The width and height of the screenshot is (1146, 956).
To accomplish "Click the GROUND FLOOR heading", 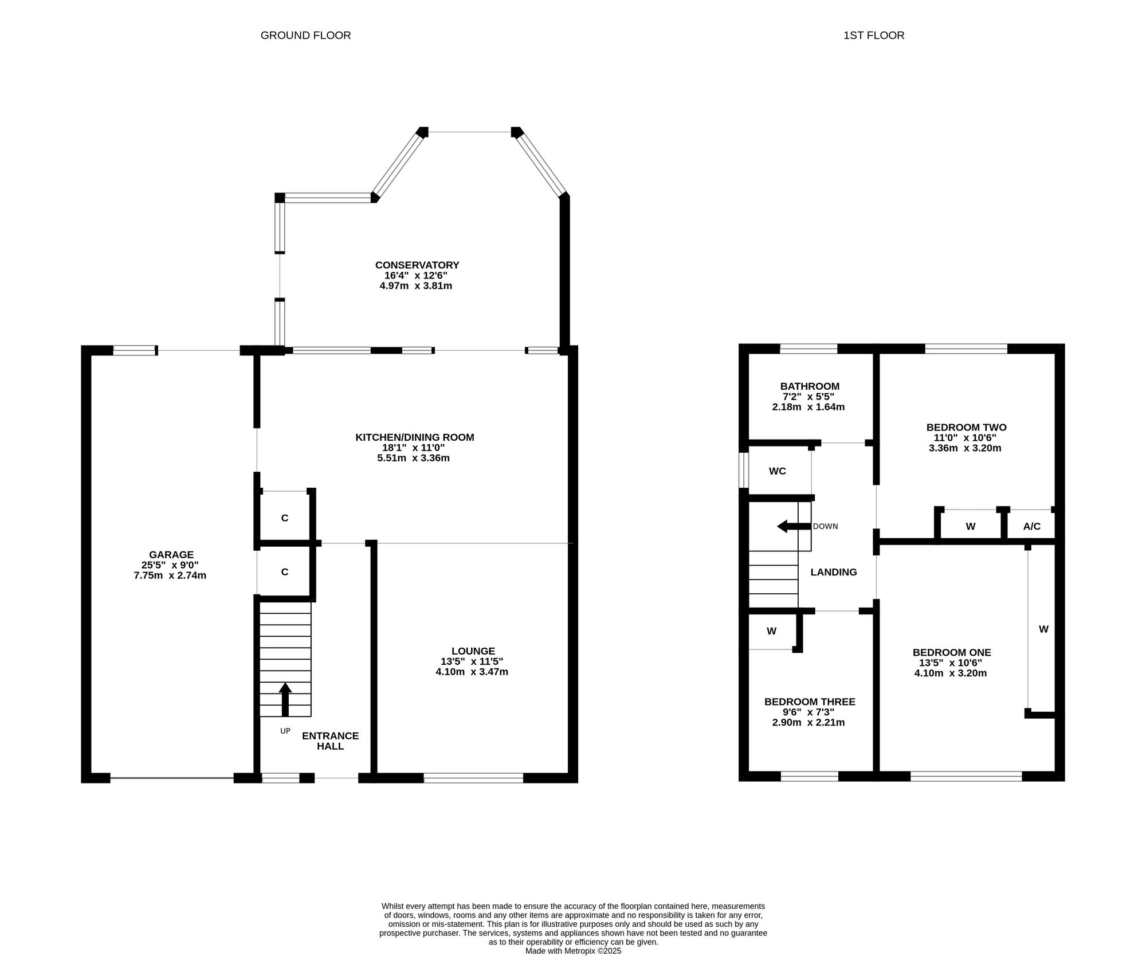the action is click(x=305, y=36).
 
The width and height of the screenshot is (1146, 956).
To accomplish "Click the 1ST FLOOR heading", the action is click(x=874, y=36).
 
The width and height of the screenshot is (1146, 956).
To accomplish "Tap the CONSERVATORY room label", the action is click(x=417, y=265).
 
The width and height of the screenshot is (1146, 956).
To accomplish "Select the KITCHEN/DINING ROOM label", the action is click(x=415, y=437).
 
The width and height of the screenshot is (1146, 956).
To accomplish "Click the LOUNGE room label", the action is click(x=473, y=651).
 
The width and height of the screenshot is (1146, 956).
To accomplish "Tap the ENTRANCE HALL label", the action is click(x=331, y=741).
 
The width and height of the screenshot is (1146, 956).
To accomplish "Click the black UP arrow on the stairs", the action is click(x=285, y=699).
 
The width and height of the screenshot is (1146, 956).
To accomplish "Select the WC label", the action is click(x=778, y=471).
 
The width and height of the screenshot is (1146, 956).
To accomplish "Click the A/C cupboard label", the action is click(x=1032, y=526).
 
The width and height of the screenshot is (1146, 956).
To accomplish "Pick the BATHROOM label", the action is click(x=810, y=386).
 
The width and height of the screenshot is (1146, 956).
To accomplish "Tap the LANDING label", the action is click(x=834, y=572).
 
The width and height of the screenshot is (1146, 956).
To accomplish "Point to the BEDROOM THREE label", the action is click(x=810, y=702).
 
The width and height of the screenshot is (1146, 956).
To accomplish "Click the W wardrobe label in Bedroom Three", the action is click(x=772, y=631).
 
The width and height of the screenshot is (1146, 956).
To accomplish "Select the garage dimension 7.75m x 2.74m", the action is click(x=170, y=575).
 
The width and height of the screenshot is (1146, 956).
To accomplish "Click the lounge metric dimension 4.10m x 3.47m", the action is click(x=472, y=672).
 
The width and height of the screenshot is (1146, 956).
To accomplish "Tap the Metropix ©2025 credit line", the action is click(x=573, y=951).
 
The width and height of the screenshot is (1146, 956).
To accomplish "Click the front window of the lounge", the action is click(x=473, y=778).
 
